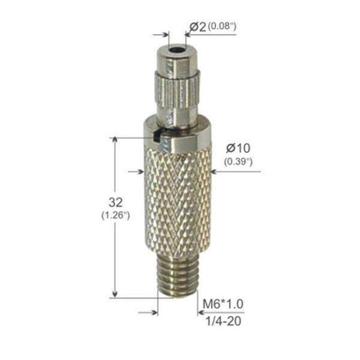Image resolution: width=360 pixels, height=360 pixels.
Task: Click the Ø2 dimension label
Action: pyautogui.click(x=197, y=26)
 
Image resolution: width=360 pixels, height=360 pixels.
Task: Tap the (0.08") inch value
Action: pyautogui.click(x=221, y=26)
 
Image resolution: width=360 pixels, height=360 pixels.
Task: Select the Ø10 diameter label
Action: pyautogui.click(x=238, y=149)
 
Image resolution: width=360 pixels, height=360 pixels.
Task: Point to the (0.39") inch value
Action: pyautogui.click(x=238, y=161)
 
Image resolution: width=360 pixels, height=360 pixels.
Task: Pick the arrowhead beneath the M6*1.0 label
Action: pyautogui.click(x=200, y=312)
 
